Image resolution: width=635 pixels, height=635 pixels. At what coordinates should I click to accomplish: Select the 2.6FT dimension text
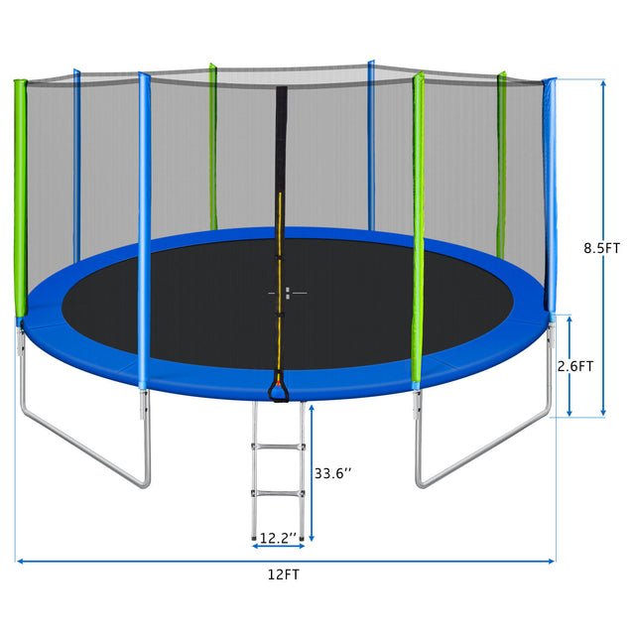(x=575, y=365)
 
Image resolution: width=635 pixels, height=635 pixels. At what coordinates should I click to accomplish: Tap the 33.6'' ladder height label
(x=332, y=473)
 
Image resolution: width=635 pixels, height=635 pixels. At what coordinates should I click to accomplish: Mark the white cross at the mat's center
(x=287, y=293)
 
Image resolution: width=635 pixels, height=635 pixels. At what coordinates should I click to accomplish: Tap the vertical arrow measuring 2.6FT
(x=570, y=397)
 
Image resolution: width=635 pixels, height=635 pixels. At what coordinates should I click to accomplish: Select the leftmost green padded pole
(x=19, y=198)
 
